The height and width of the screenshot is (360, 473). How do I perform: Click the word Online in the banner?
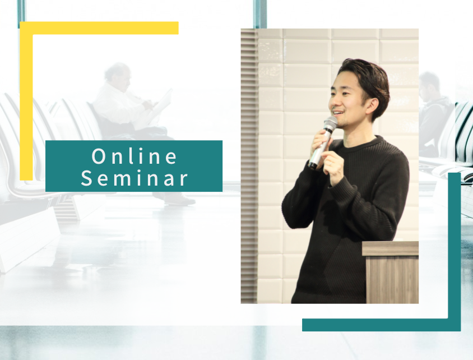click(x=135, y=156)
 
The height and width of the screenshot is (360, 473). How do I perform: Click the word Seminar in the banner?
click(x=135, y=178)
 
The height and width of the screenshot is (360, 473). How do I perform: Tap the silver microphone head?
click(x=330, y=124)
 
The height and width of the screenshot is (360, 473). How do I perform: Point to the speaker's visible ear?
click(x=372, y=105)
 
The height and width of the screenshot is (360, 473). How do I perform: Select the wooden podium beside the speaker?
click(x=391, y=272)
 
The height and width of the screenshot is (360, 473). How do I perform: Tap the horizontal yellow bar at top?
click(x=99, y=28)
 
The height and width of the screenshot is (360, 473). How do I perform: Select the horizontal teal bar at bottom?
click(x=381, y=325)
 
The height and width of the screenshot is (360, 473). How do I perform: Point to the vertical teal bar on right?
click(x=455, y=252)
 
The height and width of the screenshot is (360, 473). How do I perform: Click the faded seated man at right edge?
click(x=434, y=114)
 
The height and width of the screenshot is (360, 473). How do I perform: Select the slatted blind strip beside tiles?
click(x=249, y=166)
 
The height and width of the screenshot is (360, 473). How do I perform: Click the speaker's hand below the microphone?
click(x=333, y=168)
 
